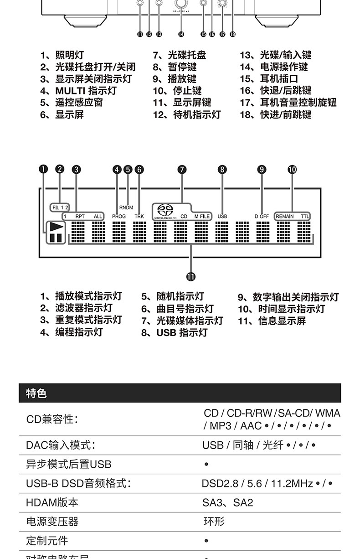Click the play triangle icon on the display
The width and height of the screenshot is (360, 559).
(x=56, y=226)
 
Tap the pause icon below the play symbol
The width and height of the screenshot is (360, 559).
(x=55, y=238)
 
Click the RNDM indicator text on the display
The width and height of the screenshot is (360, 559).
(x=126, y=207)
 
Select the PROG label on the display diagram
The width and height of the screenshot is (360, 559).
(x=118, y=216)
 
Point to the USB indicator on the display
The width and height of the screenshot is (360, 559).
(x=222, y=216)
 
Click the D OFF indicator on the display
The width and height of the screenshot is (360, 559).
(x=262, y=216)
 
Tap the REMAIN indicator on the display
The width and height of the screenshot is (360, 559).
(x=285, y=216)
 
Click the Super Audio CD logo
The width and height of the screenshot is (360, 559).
(x=164, y=212)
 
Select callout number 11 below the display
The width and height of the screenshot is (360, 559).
(x=190, y=276)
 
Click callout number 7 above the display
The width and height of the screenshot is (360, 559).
(x=182, y=170)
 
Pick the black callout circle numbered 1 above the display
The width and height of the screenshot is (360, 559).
(x=43, y=170)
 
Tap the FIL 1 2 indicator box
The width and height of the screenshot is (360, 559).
(x=60, y=207)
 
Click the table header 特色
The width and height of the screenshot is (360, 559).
(x=36, y=393)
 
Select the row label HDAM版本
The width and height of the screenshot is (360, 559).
(x=52, y=502)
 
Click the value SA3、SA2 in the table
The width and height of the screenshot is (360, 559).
(x=227, y=502)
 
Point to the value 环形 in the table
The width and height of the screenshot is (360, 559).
(x=214, y=522)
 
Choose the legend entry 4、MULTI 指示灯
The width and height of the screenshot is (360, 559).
(x=78, y=91)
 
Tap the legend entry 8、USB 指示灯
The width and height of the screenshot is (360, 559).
(x=174, y=333)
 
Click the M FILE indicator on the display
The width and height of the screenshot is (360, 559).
(x=202, y=216)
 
